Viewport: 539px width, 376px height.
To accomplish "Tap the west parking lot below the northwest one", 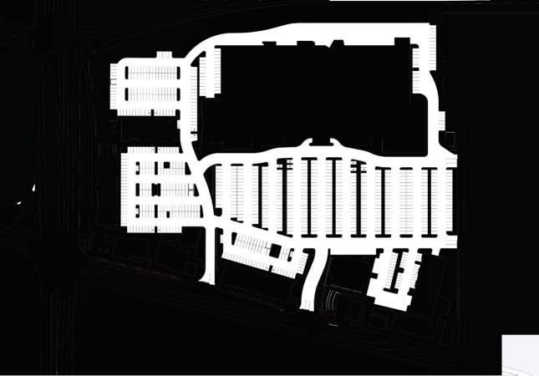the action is [x=163, y=188].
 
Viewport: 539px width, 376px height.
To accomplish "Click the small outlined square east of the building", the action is [x=450, y=137].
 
